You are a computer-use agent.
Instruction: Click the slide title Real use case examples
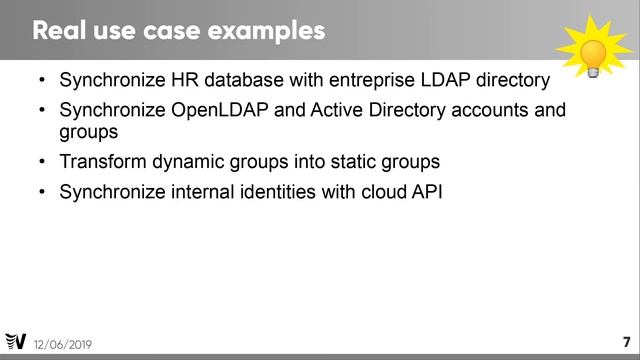179,30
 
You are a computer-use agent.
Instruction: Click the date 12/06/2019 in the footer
62,344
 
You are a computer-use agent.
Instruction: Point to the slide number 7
625,341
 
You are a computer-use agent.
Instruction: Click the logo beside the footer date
15,342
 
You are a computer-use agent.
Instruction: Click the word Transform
103,161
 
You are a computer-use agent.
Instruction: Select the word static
358,161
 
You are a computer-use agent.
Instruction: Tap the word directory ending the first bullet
508,80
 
